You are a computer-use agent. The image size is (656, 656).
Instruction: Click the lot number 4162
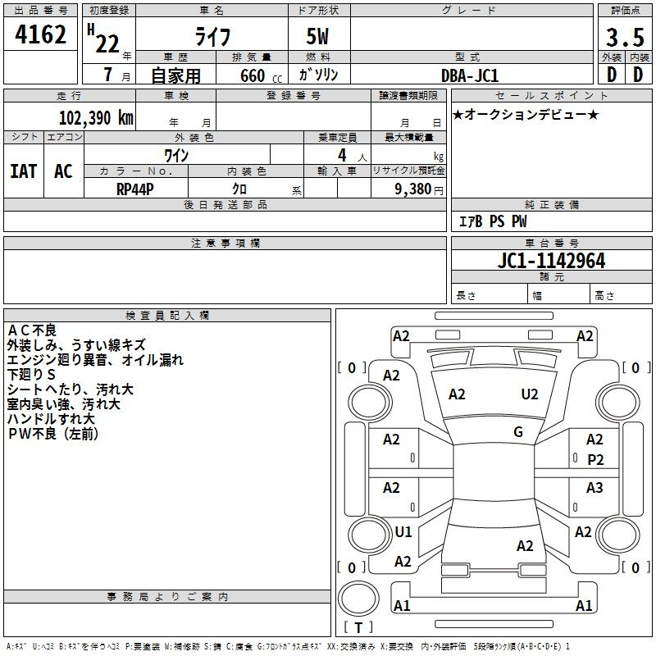[x=40, y=34]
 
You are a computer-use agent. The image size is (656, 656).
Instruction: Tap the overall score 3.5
[x=625, y=37]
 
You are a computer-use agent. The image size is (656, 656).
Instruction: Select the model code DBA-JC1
[x=470, y=75]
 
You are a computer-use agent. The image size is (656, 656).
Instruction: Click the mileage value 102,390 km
[x=96, y=117]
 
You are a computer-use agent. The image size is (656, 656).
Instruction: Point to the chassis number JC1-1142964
[x=551, y=261]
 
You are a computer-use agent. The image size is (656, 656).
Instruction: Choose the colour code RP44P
[x=135, y=189]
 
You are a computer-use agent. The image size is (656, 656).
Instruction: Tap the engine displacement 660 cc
[x=261, y=75]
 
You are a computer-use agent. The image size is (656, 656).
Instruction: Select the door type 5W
[x=317, y=36]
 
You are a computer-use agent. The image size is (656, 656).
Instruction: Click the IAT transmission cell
[x=24, y=171]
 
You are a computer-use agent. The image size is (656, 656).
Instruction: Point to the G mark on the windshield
[x=518, y=432]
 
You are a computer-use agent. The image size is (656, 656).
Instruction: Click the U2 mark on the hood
[x=530, y=394]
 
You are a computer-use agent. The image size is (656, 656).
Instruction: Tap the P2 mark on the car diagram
[x=595, y=460]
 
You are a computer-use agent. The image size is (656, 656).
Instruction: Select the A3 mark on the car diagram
[x=594, y=487]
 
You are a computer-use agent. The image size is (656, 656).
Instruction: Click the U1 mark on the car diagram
[x=403, y=531]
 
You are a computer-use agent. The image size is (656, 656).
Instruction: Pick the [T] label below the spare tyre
[x=358, y=627]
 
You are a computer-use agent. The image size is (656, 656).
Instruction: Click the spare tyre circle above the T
[x=358, y=599]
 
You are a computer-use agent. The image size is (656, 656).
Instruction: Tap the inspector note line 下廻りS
[x=31, y=375]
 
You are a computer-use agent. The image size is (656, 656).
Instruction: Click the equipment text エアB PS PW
[x=493, y=221]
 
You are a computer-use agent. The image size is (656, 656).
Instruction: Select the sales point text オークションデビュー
[x=526, y=114]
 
